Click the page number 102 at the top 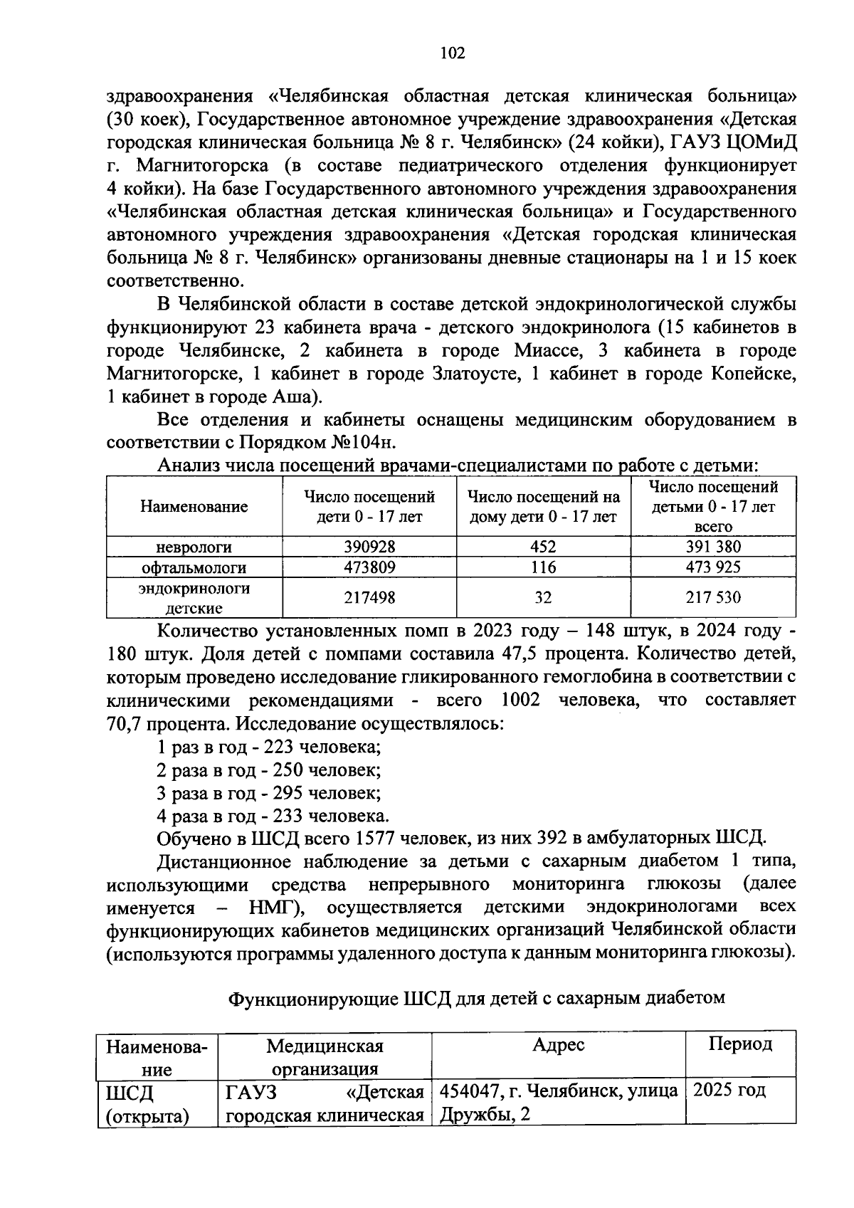pyautogui.click(x=453, y=53)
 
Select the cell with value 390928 pyautogui.click(x=369, y=547)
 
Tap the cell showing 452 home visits pyautogui.click(x=543, y=547)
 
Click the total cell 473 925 pyautogui.click(x=713, y=567)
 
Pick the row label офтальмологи pyautogui.click(x=194, y=568)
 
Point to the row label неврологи pyautogui.click(x=194, y=547)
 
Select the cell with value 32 pyautogui.click(x=543, y=598)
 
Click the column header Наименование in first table pyautogui.click(x=194, y=507)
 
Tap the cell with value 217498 pyautogui.click(x=369, y=598)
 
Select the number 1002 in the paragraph pyautogui.click(x=520, y=700)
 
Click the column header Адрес pyautogui.click(x=558, y=1044)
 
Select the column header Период pyautogui.click(x=739, y=1044)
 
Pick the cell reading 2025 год pyautogui.click(x=729, y=1090)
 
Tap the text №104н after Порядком pyautogui.click(x=362, y=443)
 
